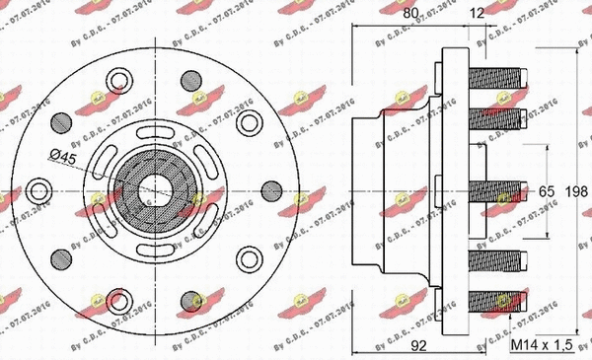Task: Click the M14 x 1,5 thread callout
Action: tap(542, 345)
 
